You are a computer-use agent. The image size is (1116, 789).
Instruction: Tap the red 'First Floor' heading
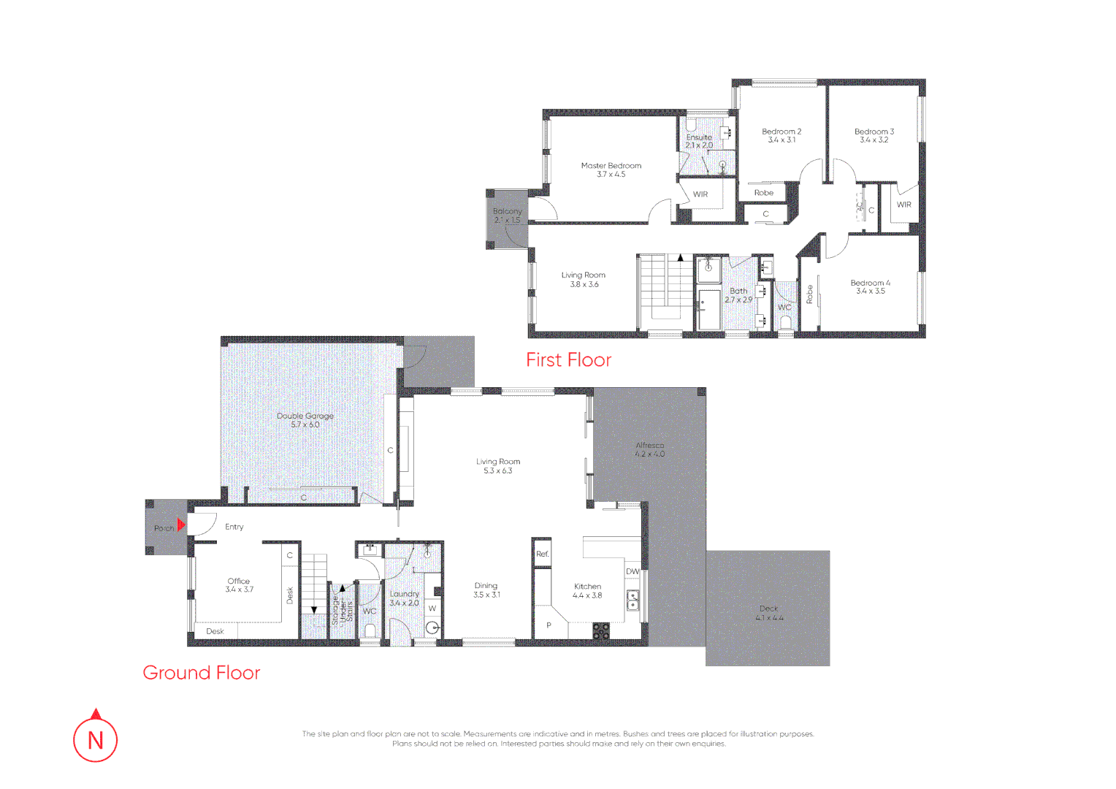568,360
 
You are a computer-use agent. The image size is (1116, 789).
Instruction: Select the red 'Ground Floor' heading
201,673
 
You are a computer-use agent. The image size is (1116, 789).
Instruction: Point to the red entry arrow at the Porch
181,525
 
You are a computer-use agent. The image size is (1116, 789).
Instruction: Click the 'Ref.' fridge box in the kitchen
542,554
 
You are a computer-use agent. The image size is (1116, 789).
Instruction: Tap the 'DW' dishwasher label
632,571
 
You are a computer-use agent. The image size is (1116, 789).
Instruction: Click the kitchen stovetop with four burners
600,631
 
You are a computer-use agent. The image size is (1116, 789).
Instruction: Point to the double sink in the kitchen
632,601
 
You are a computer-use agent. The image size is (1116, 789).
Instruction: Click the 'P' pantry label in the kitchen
549,625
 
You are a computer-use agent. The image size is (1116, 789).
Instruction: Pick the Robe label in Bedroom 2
763,193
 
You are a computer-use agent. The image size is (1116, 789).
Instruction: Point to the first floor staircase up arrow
681,258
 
